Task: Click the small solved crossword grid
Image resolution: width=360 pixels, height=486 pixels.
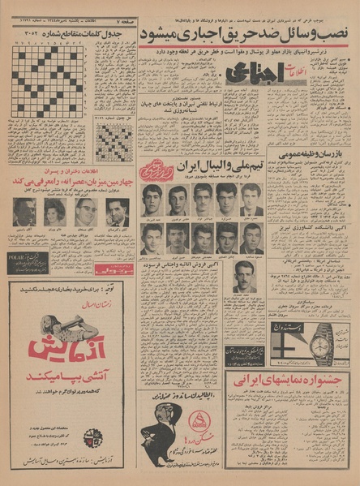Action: (113, 142)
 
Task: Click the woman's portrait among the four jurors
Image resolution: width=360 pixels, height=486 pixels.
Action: (55, 212)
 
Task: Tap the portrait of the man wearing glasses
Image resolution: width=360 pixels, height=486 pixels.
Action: (85, 212)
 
